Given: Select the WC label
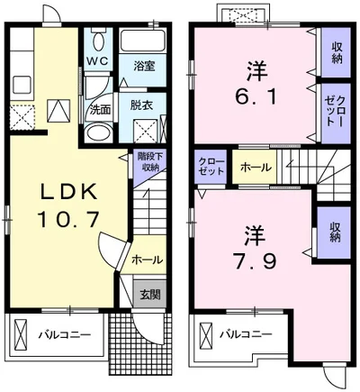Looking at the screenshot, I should pos(97,61).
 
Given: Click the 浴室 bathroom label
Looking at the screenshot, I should pos(144,66).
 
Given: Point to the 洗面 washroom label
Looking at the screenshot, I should pos(99,109).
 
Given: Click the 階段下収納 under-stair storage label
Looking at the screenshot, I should pos(149,161).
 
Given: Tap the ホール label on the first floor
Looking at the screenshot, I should pos(147,260).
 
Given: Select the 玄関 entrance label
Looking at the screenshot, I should pos(149,294).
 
